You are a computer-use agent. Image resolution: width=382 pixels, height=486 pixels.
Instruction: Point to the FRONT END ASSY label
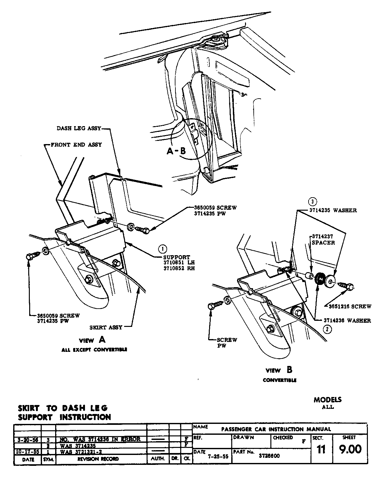pos(76,145)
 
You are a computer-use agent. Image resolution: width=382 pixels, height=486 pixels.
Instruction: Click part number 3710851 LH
pos(179,263)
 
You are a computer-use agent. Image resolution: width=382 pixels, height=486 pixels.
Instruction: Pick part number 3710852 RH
pos(179,268)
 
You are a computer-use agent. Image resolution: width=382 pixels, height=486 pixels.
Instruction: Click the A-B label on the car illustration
pos(176,151)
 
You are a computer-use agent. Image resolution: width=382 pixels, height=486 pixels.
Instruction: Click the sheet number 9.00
pos(350,449)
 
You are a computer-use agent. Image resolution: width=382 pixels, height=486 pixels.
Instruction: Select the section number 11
pos(321,450)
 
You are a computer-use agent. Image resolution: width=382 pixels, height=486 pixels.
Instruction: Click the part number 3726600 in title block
pos(269,456)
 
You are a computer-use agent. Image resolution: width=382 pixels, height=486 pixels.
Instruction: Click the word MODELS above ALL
pos(327,400)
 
